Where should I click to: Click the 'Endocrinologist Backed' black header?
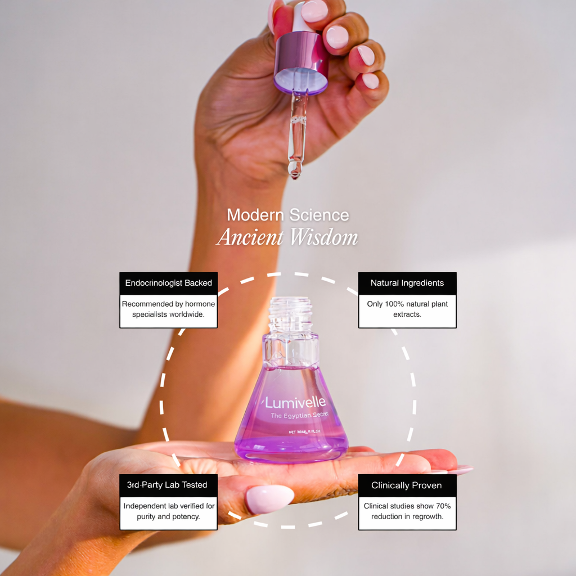(168, 283)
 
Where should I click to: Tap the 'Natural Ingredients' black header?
(407, 283)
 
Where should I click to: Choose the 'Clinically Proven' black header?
(407, 485)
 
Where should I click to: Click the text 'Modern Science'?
(287, 215)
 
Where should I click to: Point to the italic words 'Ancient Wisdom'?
(287, 237)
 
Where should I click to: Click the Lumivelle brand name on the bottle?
(295, 403)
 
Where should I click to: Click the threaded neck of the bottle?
(291, 313)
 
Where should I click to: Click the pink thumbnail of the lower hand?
(269, 498)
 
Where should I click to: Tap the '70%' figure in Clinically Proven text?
(442, 506)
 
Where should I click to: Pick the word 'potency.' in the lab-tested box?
(186, 516)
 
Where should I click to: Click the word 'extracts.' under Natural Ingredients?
(407, 314)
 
